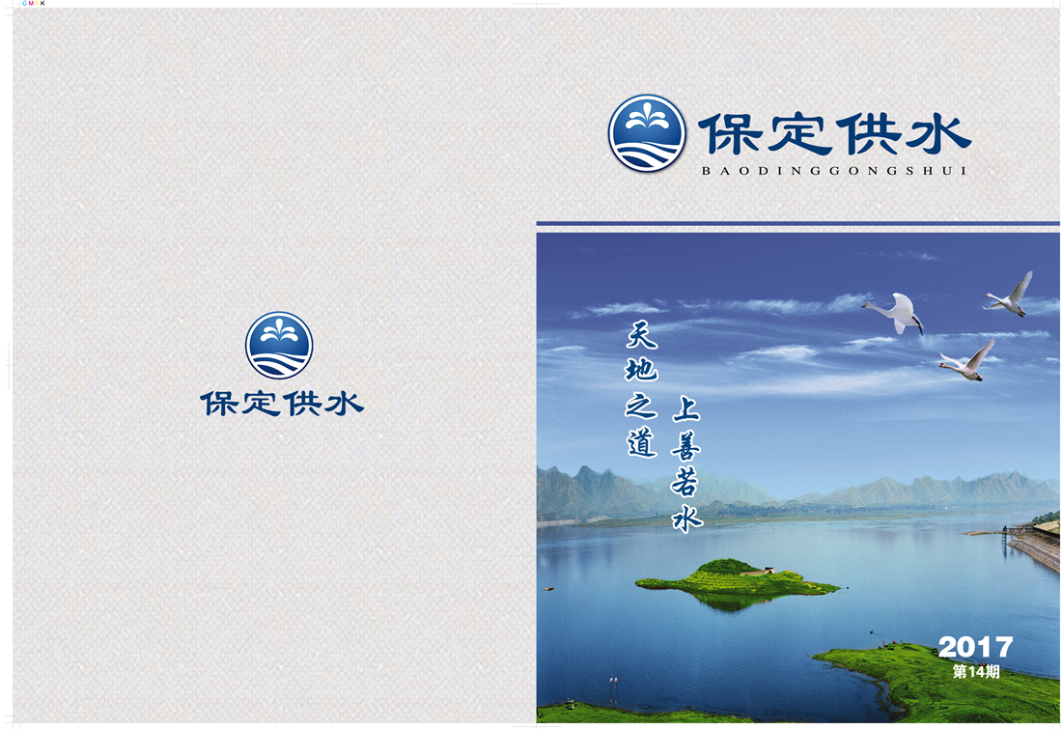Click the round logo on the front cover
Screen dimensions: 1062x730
pos(647,132)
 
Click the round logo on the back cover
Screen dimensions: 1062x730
pos(279,346)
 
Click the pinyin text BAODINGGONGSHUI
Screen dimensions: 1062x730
pos(834,171)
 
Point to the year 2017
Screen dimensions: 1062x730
pos(975,647)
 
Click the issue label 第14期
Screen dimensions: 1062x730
pos(975,672)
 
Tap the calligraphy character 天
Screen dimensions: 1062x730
pos(641,334)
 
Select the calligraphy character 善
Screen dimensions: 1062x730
pos(686,445)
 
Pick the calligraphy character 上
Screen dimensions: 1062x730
pos(686,410)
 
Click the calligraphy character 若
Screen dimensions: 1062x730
pos(686,482)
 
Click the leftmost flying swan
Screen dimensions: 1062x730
pos(894,312)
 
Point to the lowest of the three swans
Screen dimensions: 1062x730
pos(968,361)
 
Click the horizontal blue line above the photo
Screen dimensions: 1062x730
pos(797,223)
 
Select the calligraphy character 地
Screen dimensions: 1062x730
pos(641,370)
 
